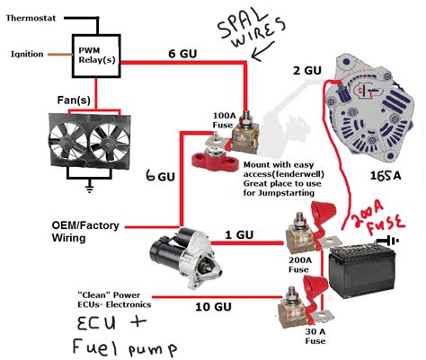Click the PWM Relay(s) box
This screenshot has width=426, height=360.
[96, 56]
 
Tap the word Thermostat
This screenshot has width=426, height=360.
[31, 18]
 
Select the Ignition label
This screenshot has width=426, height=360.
[27, 54]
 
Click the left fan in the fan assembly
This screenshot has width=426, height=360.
[68, 140]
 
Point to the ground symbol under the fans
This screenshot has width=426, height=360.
[89, 189]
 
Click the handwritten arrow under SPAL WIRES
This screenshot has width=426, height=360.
[262, 51]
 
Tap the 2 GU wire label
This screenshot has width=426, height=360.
[307, 71]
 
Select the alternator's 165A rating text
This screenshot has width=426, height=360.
[386, 176]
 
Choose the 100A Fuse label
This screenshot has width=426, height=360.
[223, 120]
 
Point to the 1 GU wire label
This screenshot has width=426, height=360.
[239, 234]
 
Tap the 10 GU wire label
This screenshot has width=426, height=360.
[213, 307]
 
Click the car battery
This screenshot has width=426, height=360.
[362, 270]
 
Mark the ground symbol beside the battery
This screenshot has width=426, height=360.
[388, 241]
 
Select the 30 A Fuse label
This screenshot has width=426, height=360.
[315, 336]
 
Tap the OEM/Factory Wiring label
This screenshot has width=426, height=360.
[85, 232]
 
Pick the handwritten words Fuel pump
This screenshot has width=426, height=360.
[125, 347]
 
